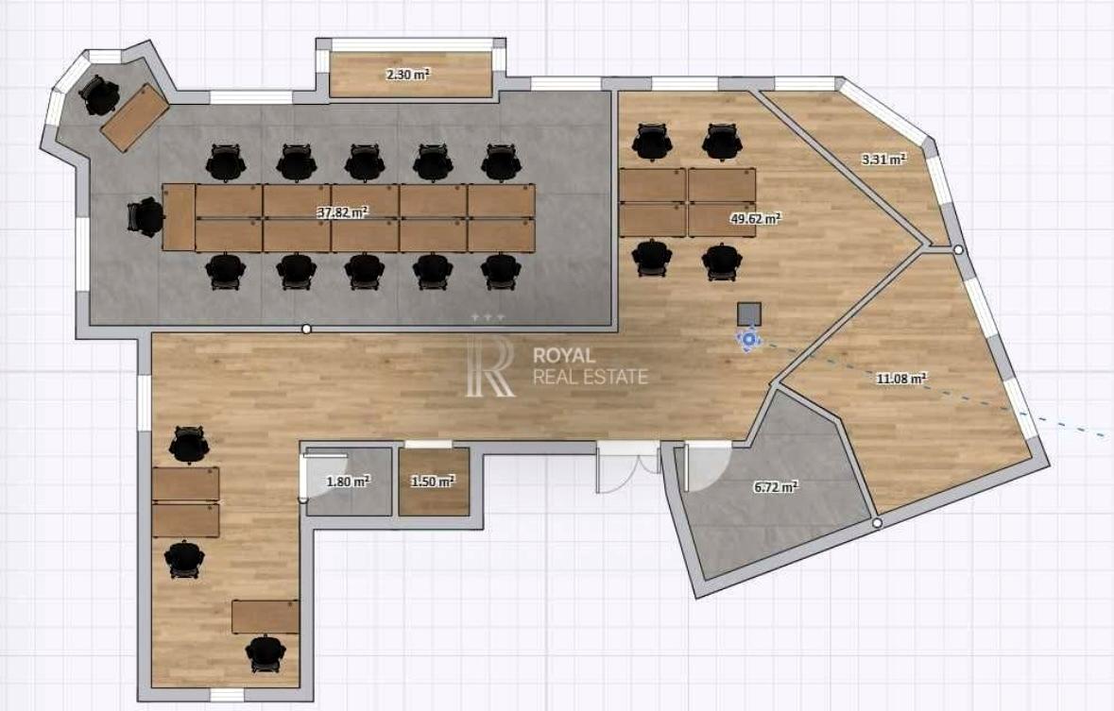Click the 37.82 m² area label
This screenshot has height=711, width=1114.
point(342,212)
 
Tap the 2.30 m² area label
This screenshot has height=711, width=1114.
point(408,73)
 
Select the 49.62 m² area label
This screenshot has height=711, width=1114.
point(756,218)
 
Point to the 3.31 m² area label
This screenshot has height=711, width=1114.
point(883,160)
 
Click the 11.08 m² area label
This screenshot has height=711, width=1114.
point(901,379)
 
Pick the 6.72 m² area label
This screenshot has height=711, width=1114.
point(776,486)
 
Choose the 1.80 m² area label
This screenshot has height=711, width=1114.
point(348,481)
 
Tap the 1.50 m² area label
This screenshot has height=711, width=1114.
point(433,481)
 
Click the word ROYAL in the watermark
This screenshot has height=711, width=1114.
point(564,356)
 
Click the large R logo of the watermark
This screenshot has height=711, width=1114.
point(489,367)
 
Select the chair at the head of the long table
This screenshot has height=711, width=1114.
point(146,216)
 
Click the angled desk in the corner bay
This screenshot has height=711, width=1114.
point(135,117)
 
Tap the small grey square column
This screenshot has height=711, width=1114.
point(749,313)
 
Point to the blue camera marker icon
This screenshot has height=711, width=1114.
point(749,340)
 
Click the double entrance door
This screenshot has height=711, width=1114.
point(628,466)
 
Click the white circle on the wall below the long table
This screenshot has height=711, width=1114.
point(306,329)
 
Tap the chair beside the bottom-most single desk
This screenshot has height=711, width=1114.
point(265,653)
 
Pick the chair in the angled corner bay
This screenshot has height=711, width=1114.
point(99,96)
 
